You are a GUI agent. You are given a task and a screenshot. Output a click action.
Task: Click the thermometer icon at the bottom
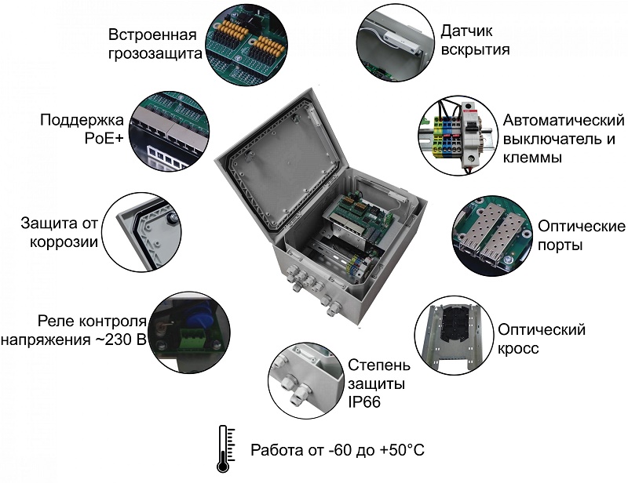tap(226, 448)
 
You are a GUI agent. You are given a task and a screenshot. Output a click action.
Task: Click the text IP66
tap(364, 401)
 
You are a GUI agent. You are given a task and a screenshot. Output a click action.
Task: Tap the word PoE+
tap(104, 139)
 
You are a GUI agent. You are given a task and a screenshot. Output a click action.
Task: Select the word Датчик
tap(466, 31)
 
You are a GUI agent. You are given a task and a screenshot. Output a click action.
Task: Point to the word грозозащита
tap(155, 54)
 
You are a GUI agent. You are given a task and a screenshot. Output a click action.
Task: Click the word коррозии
tap(64, 242)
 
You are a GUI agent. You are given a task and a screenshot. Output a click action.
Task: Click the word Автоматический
tap(564, 121)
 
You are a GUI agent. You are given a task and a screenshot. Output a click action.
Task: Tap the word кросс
tap(518, 348)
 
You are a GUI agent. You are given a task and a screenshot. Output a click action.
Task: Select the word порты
tap(560, 245)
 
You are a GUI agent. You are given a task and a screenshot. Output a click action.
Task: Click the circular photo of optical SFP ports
tap(493, 235)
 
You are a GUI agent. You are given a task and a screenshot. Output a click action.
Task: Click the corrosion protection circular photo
tap(142, 233)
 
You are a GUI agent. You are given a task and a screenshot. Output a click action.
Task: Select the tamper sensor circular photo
tap(395, 42)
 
